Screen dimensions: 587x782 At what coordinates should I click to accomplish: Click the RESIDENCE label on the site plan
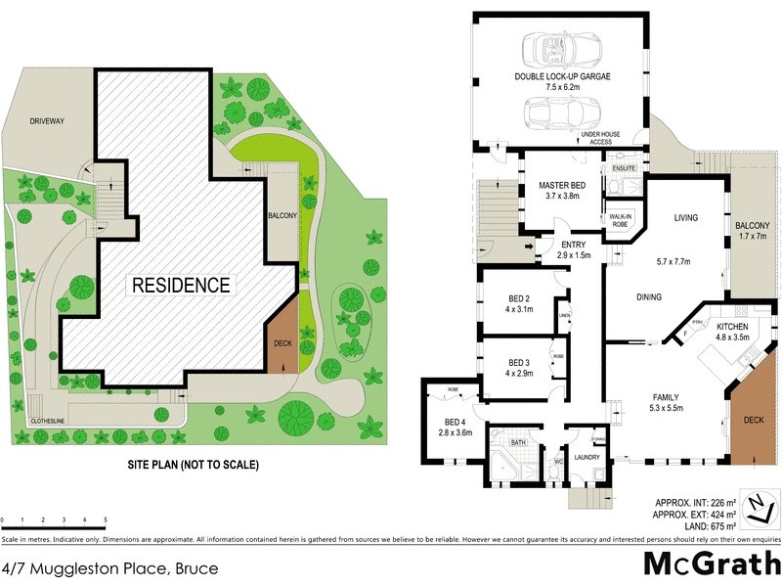(x=181, y=286)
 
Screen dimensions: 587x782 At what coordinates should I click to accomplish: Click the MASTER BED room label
(x=562, y=185)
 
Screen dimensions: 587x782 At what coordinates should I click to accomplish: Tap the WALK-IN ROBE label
(x=620, y=221)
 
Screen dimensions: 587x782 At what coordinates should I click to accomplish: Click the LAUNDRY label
(x=588, y=457)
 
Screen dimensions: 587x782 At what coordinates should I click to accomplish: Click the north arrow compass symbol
(x=758, y=506)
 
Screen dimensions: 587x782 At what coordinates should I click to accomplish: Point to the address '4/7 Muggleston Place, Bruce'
(x=109, y=568)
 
